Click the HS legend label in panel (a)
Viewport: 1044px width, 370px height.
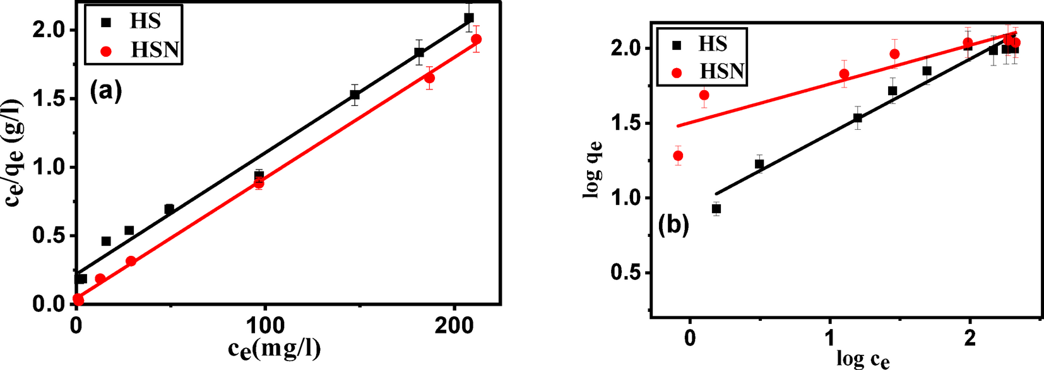(x=145, y=21)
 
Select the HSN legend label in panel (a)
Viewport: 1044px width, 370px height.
(x=155, y=50)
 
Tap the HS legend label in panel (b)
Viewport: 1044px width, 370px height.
(x=713, y=44)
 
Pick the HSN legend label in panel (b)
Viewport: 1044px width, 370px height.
(x=722, y=71)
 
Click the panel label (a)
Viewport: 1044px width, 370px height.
(x=105, y=91)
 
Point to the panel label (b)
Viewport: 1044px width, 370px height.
(x=673, y=225)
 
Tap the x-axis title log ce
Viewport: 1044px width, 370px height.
(x=863, y=359)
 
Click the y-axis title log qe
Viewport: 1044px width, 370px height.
(x=593, y=170)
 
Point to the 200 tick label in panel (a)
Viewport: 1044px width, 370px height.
(x=454, y=326)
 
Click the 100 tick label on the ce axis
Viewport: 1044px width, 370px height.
(x=264, y=326)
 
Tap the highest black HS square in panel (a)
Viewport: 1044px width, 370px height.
(x=468, y=18)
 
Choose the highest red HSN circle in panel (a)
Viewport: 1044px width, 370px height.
(x=476, y=39)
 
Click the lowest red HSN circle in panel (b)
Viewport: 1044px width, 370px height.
(x=678, y=156)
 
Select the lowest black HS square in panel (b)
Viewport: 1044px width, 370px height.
(x=716, y=209)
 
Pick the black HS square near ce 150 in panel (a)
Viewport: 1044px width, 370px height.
(x=355, y=95)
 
